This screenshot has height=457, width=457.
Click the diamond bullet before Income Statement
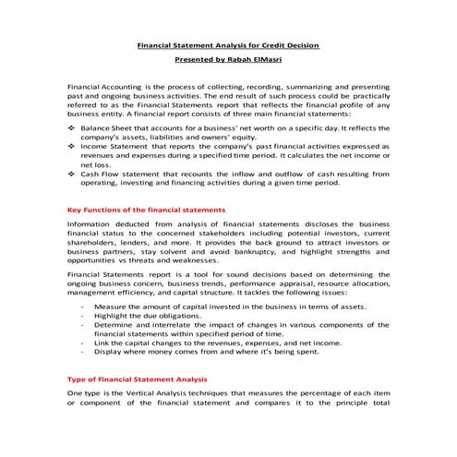pyautogui.click(x=73, y=145)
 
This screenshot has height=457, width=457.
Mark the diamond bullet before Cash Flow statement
pyautogui.click(x=73, y=173)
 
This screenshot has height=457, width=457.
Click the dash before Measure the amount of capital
pyautogui.click(x=83, y=305)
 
